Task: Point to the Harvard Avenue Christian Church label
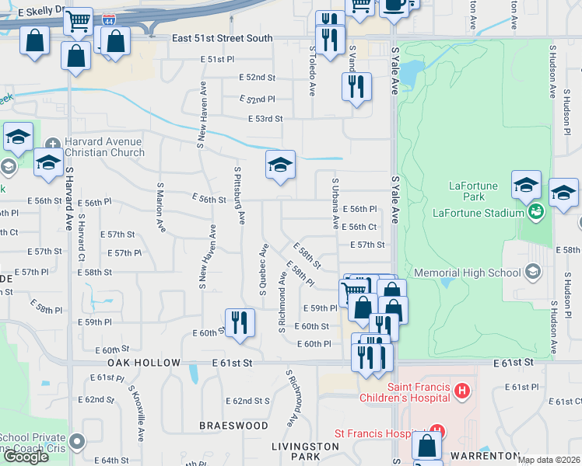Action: [x=103, y=147]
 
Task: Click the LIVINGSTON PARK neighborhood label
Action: [x=305, y=452]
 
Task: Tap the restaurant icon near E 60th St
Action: [x=240, y=322]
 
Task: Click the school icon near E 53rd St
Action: [x=280, y=164]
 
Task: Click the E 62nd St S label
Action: [x=247, y=401]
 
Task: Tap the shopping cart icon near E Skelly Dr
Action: [x=78, y=23]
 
